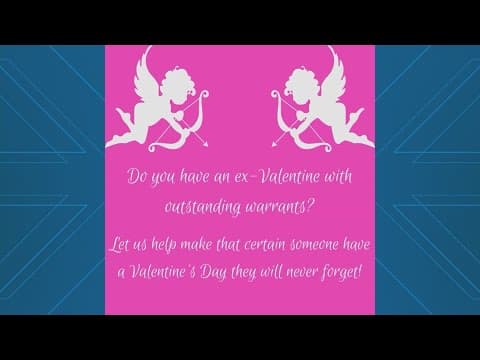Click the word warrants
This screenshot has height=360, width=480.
pyautogui.click(x=283, y=208)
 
